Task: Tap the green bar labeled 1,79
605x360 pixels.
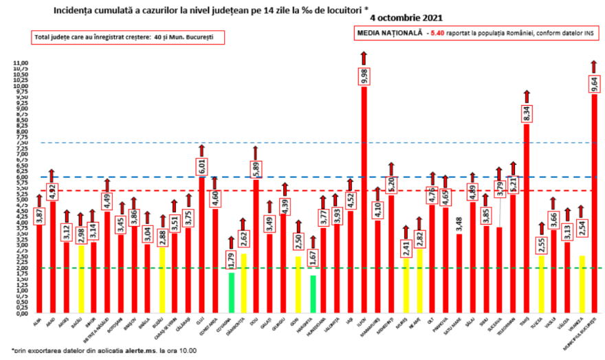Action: (232, 293)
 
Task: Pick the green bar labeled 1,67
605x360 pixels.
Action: (313, 294)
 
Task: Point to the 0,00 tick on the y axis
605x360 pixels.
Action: (20, 313)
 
